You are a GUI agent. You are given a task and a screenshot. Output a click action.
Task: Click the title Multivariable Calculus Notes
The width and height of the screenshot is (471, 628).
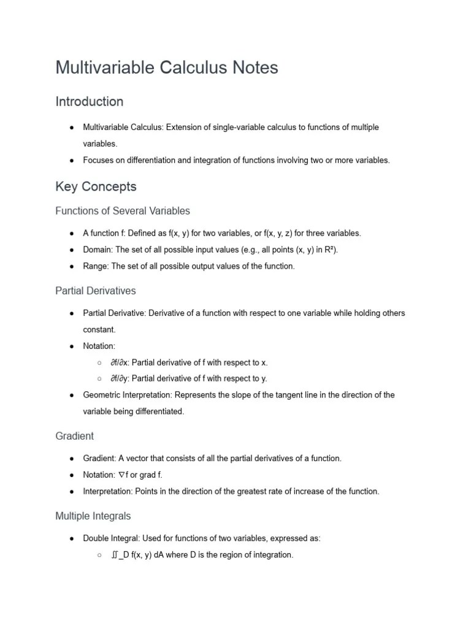tap(167, 67)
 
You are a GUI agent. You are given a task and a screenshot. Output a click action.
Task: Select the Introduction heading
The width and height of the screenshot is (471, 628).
tap(89, 101)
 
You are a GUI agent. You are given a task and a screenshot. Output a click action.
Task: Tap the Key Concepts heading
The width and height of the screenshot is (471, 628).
tap(96, 186)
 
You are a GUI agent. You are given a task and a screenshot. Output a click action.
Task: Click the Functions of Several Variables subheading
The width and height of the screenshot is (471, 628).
tap(123, 211)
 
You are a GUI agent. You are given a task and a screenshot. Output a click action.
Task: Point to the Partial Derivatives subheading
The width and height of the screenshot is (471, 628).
tap(96, 291)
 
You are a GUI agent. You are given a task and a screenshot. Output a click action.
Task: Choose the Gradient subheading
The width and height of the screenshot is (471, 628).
tap(74, 436)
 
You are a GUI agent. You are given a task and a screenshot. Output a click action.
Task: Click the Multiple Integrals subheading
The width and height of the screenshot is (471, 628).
tap(93, 516)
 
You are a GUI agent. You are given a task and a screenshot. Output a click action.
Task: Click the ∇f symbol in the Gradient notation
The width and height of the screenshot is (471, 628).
tap(123, 475)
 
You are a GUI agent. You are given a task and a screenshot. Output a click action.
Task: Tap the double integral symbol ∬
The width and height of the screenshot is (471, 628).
tap(115, 555)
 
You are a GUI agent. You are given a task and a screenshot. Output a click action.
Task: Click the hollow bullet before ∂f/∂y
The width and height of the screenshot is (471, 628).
tap(99, 378)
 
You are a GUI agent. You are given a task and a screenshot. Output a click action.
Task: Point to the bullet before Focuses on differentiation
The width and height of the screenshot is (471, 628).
tap(72, 160)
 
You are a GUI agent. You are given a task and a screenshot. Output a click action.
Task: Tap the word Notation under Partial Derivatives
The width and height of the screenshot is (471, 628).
tap(98, 346)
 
